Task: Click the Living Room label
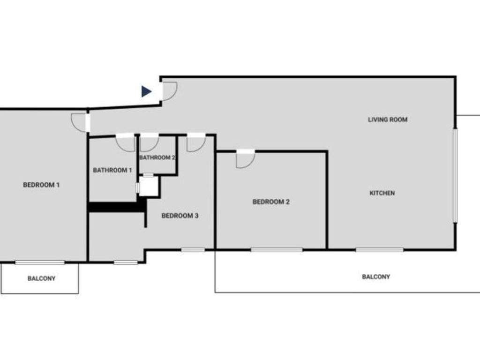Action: [x=387, y=120]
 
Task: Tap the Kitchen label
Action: [x=382, y=193]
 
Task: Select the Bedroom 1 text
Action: [x=41, y=185]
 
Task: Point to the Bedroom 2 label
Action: [x=271, y=202]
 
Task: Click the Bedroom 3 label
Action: [x=180, y=216]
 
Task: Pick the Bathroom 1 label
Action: [x=112, y=170]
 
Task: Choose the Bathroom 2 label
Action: [x=157, y=157]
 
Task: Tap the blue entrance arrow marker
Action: [x=147, y=91]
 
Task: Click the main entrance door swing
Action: [x=169, y=90]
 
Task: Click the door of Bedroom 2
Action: [x=245, y=159]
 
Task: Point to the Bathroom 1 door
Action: [x=126, y=142]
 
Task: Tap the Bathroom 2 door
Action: [x=149, y=142]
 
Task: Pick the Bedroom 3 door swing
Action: [x=195, y=143]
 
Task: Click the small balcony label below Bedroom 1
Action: [x=41, y=278]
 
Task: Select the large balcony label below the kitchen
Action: [x=376, y=277]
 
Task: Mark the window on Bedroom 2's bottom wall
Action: [x=277, y=250]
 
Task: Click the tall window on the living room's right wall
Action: [x=455, y=175]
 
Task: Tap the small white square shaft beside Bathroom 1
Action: [x=149, y=186]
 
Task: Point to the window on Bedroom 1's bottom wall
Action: [x=40, y=262]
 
